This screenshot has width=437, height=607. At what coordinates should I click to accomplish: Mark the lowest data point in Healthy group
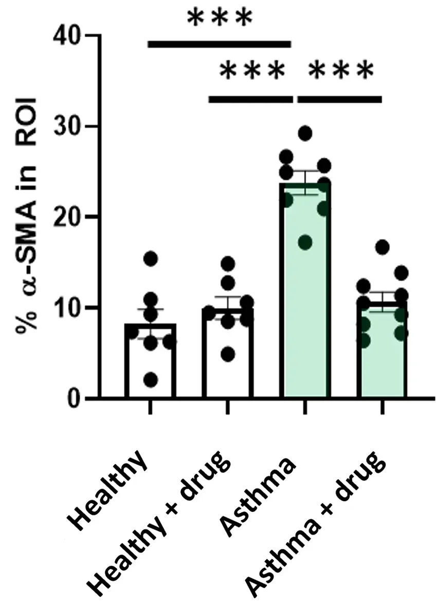point(150,380)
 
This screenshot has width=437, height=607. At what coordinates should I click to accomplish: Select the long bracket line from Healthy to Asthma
point(220,45)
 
